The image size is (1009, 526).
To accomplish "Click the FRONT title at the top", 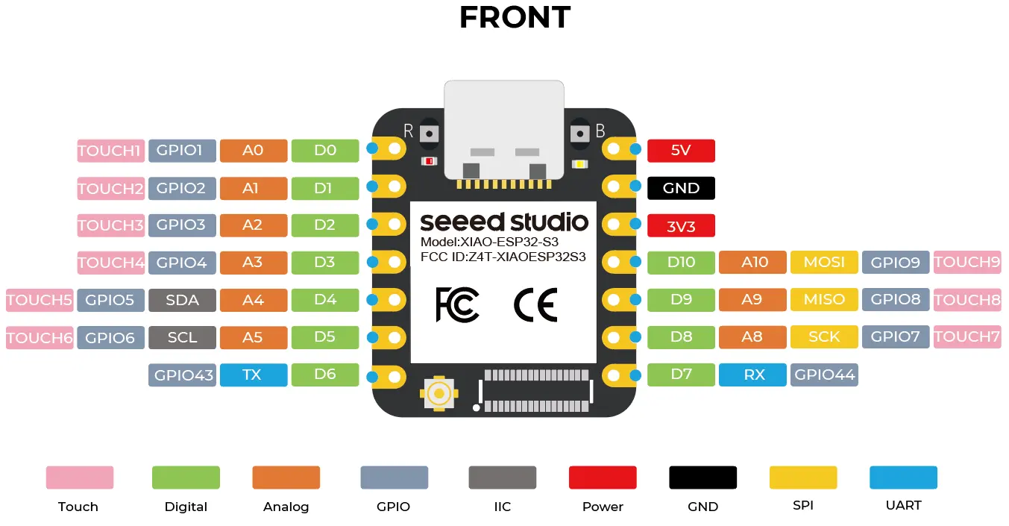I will tap(515, 18).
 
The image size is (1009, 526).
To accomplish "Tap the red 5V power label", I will tap(681, 151).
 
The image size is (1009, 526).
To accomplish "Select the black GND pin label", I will tap(681, 188).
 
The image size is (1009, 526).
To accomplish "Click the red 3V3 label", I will tap(681, 226).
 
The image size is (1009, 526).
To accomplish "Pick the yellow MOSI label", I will tap(824, 262).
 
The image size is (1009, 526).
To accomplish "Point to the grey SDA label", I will tap(182, 300).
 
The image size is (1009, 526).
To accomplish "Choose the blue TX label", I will tap(253, 375).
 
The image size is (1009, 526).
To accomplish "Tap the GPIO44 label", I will tap(824, 375).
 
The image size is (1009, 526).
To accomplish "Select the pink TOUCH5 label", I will tap(40, 300).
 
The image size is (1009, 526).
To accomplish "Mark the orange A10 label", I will tap(752, 262).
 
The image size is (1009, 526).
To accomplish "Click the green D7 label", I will tap(681, 375).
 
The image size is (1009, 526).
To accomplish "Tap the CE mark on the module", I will tap(535, 304).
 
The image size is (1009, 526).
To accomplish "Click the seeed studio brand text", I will tap(503, 222).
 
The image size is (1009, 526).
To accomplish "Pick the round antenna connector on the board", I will tap(439, 393).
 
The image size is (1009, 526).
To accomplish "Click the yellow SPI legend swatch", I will tap(803, 478).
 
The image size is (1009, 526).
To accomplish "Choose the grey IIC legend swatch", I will tap(502, 478).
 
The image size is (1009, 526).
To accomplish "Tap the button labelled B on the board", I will tap(579, 133).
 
